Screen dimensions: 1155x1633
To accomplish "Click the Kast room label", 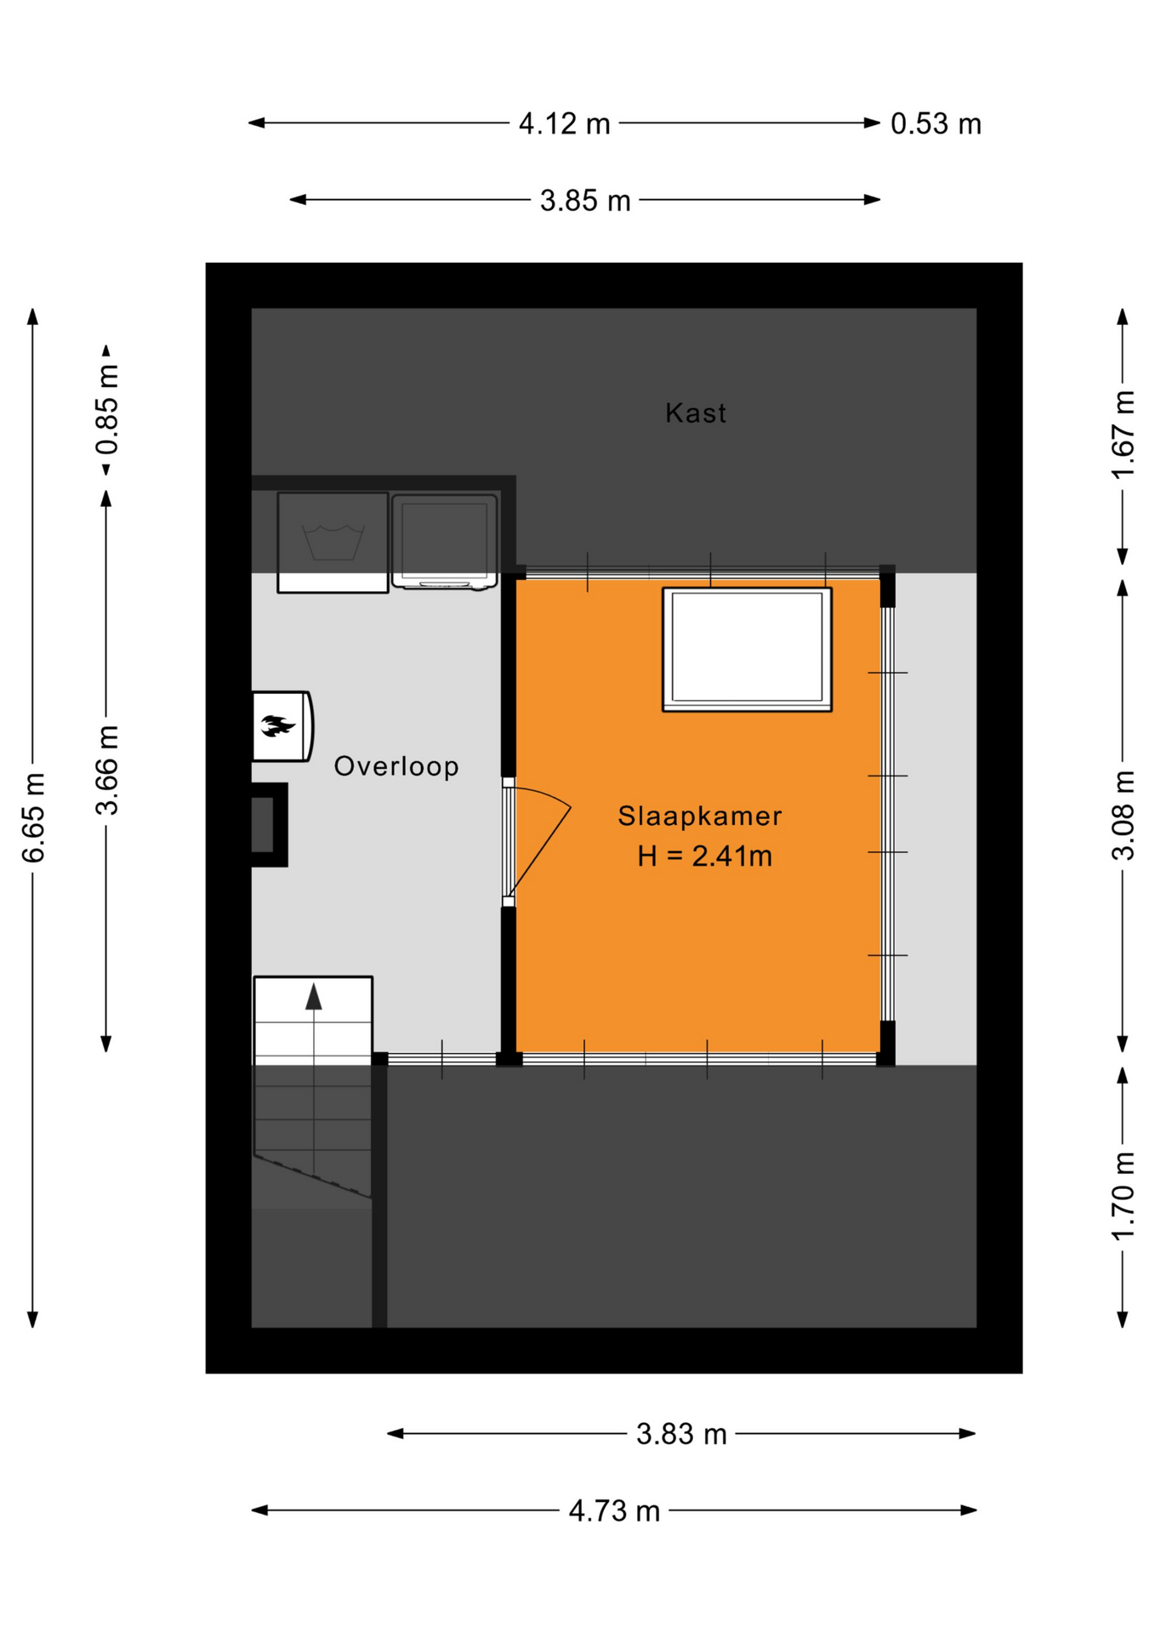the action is tap(695, 413).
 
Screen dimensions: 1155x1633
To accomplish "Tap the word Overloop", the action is tap(396, 766).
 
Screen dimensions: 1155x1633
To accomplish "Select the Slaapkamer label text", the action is tap(699, 816).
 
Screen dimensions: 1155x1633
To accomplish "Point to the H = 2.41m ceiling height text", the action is tap(705, 856).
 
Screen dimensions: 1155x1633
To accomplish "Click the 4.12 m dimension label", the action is tap(565, 124).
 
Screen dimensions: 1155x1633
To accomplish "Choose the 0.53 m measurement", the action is tap(936, 124).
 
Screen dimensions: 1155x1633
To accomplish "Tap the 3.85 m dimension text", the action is tap(585, 201).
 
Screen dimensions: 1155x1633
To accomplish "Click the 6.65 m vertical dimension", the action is tap(33, 818).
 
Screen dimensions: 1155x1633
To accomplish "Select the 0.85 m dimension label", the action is tap(107, 409).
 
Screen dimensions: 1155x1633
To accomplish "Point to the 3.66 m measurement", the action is tap(107, 771).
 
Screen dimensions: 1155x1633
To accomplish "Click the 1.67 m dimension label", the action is tap(1123, 435).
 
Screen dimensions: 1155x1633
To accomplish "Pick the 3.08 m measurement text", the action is tap(1123, 816).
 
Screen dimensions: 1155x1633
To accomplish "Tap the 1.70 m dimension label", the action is tap(1123, 1196).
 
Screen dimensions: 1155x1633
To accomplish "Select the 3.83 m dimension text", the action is tap(681, 1435).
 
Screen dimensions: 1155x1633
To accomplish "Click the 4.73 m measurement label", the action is tap(614, 1511).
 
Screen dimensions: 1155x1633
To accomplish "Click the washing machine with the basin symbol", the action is tap(333, 543).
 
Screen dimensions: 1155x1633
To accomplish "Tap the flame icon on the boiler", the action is tap(277, 726).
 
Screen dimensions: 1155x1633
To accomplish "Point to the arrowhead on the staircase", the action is tap(314, 996).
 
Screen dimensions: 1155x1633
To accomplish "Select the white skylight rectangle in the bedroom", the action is tap(747, 649).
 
